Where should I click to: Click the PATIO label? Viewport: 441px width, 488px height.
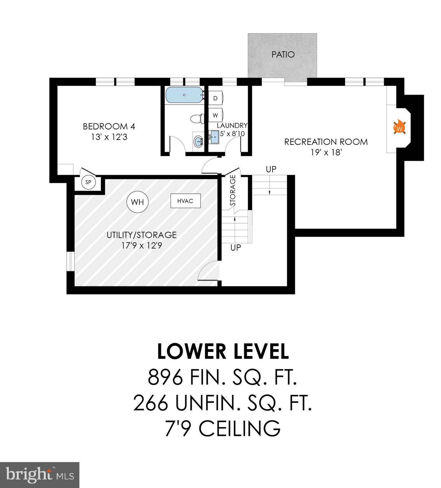[283, 55]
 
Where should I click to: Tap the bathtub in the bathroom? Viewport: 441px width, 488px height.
[184, 95]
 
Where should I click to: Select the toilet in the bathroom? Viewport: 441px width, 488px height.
[197, 119]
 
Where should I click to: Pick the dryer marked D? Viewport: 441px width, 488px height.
[215, 98]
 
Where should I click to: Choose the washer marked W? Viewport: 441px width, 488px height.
[215, 115]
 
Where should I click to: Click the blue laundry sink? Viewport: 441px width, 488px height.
[215, 137]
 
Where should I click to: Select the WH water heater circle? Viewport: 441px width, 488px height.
[137, 202]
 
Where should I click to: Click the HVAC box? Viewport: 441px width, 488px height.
[185, 201]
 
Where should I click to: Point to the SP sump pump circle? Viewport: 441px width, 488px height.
[88, 182]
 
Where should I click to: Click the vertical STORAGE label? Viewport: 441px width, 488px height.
[233, 190]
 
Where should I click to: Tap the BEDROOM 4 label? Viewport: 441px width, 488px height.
[109, 126]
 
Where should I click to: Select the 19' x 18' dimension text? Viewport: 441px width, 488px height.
[326, 152]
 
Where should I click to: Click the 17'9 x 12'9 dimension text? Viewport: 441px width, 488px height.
[142, 246]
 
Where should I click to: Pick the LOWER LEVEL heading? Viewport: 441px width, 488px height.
[223, 352]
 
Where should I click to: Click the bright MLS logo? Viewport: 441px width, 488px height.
[40, 475]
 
